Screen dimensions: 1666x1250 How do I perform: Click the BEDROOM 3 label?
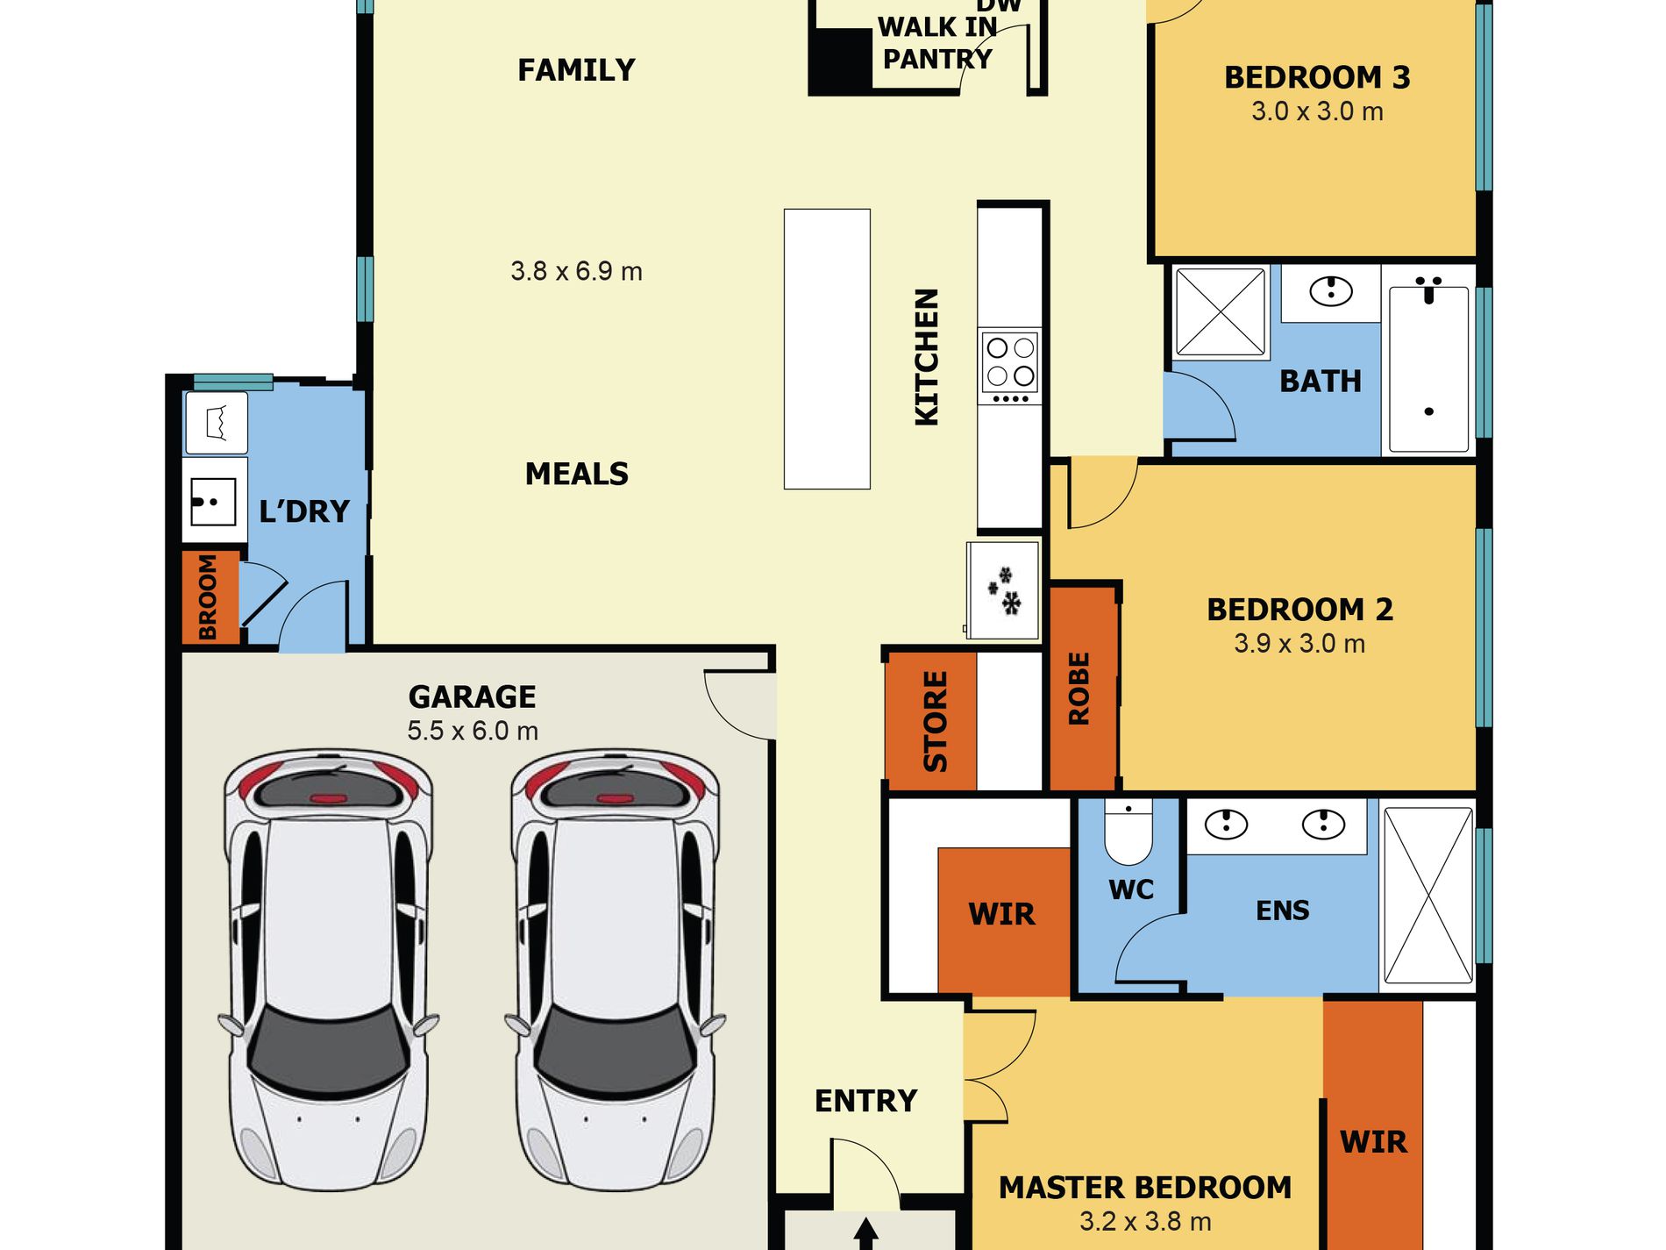click(1317, 77)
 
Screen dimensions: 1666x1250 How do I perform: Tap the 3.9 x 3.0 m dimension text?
click(1299, 644)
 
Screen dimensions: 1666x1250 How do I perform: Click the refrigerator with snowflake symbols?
click(1003, 590)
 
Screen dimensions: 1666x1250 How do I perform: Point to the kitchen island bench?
click(827, 348)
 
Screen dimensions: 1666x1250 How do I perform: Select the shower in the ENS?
click(1427, 895)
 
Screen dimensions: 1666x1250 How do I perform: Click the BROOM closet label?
click(208, 597)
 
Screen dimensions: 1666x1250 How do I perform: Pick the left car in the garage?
click(328, 969)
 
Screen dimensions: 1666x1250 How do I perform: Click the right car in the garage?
click(616, 969)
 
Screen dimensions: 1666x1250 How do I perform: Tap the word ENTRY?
click(865, 1101)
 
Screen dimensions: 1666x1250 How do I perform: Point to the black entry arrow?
click(865, 1232)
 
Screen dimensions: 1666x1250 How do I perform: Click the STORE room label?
click(936, 722)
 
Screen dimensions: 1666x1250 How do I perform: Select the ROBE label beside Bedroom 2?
click(1079, 689)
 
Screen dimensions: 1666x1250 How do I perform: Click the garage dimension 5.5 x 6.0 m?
click(473, 731)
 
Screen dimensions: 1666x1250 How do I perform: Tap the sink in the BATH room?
click(1331, 290)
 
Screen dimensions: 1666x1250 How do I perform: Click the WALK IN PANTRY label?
click(936, 43)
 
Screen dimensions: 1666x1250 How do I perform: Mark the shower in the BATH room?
click(1220, 312)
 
